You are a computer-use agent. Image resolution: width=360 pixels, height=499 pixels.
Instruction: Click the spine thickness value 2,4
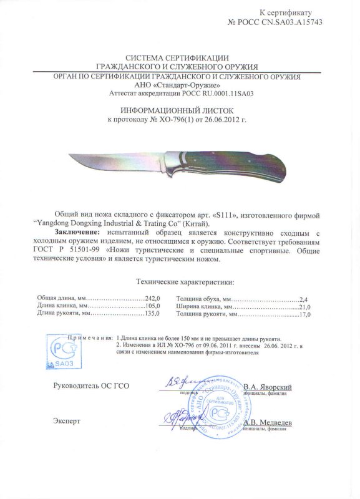[x=305, y=298]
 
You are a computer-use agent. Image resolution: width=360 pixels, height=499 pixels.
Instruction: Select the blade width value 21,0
[x=303, y=306]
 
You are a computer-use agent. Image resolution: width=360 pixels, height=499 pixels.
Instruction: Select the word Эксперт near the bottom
[x=67, y=422]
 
